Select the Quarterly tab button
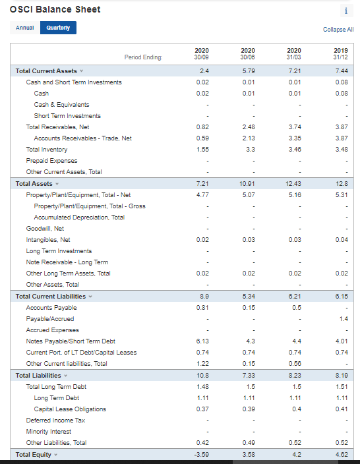point(58,28)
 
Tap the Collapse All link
point(338,30)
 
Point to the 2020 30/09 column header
point(202,54)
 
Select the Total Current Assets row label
point(46,71)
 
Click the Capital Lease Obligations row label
point(69,409)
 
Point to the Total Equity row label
point(34,454)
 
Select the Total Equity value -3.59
point(202,454)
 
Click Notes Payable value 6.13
point(202,341)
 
